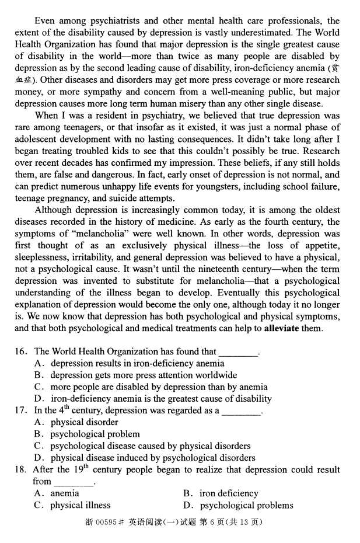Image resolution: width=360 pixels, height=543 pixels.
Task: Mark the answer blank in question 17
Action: pos(241,410)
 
